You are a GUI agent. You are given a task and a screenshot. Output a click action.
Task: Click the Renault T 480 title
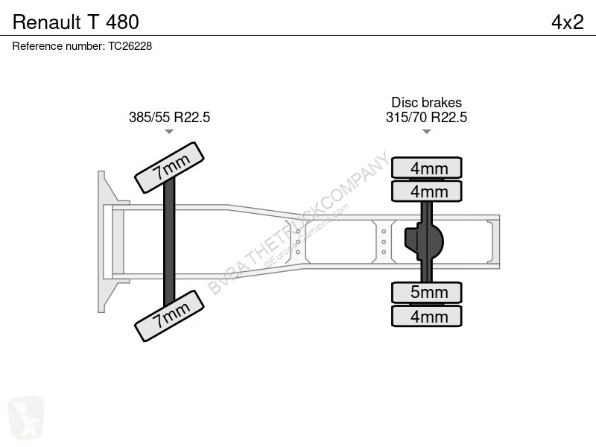(x=76, y=22)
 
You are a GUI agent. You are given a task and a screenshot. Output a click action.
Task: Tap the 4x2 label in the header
(x=567, y=22)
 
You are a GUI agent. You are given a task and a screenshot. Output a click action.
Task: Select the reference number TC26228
(x=130, y=46)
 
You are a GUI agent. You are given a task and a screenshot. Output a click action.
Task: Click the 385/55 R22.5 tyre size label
(x=169, y=117)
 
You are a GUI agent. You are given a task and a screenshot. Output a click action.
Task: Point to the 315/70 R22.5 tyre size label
(x=426, y=117)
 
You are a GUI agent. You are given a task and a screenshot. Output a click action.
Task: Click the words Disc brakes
(x=426, y=102)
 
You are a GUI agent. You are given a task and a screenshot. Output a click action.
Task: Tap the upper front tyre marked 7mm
(x=170, y=168)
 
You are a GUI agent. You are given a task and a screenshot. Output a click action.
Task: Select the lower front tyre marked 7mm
(x=170, y=316)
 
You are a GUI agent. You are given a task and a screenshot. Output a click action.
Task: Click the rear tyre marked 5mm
(x=426, y=292)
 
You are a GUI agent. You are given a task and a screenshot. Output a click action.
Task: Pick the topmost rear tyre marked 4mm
(x=426, y=168)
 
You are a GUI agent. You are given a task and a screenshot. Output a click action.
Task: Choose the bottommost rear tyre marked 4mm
(x=426, y=316)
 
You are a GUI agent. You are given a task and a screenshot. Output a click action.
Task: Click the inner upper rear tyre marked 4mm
(x=426, y=191)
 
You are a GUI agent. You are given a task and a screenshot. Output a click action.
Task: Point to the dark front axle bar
(x=169, y=241)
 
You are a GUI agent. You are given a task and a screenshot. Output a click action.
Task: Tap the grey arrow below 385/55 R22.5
(x=169, y=132)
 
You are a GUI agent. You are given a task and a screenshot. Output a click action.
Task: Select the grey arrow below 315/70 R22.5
(x=426, y=132)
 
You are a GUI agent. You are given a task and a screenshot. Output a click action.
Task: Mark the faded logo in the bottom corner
(x=26, y=417)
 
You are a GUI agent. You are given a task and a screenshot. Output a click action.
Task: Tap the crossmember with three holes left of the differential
(x=384, y=241)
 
